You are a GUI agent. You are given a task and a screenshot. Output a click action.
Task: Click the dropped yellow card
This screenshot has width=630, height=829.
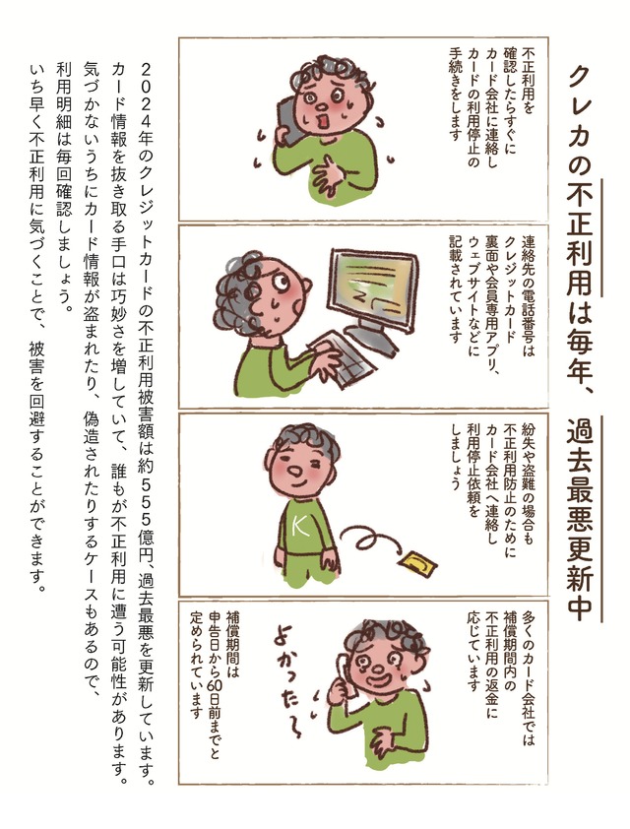click(x=418, y=561)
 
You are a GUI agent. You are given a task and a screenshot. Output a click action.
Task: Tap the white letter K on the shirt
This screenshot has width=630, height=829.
click(x=302, y=526)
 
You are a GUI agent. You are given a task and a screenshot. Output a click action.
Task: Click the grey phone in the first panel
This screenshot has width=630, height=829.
click(x=289, y=120)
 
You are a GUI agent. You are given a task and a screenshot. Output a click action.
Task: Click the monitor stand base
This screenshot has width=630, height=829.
click(x=371, y=338)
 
